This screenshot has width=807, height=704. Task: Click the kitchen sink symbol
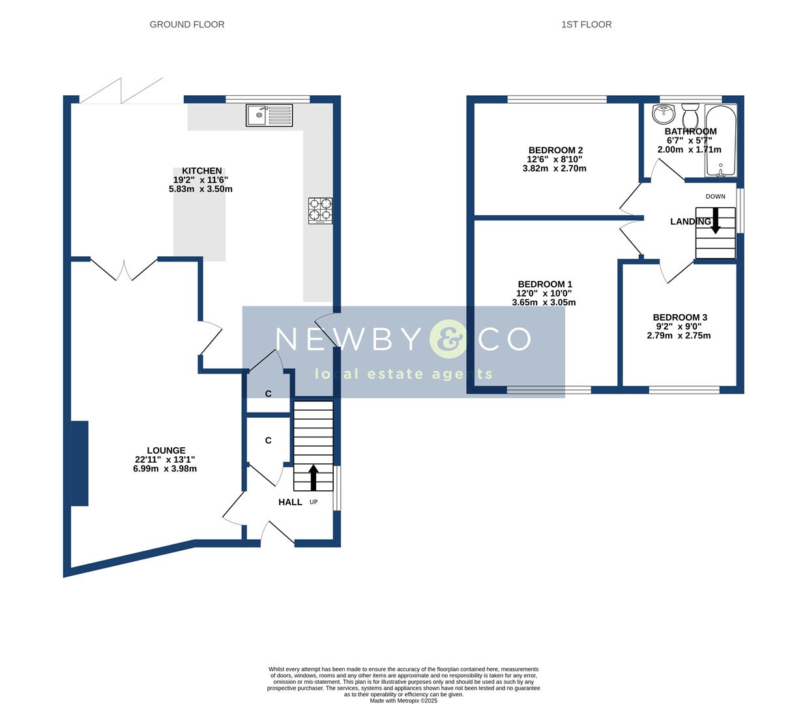(x=270, y=115)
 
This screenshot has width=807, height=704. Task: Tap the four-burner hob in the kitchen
(x=320, y=211)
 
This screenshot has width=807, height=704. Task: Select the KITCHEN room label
(x=201, y=171)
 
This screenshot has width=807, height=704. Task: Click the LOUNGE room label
(x=166, y=450)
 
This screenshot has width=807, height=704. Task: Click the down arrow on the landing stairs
(x=715, y=220)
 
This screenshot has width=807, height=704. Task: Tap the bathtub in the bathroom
(x=720, y=140)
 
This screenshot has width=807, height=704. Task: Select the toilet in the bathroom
(x=690, y=117)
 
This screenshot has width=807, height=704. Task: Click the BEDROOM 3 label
(x=680, y=317)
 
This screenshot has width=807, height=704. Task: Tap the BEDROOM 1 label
(x=545, y=284)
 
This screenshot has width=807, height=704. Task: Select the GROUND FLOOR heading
(x=187, y=25)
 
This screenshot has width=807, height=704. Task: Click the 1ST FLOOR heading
(x=586, y=25)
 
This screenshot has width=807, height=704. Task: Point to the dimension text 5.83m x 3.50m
(x=201, y=189)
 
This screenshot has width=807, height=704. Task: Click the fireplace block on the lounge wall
(x=80, y=463)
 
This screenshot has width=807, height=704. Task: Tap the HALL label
(x=290, y=502)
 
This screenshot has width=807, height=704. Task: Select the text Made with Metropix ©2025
(x=403, y=701)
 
